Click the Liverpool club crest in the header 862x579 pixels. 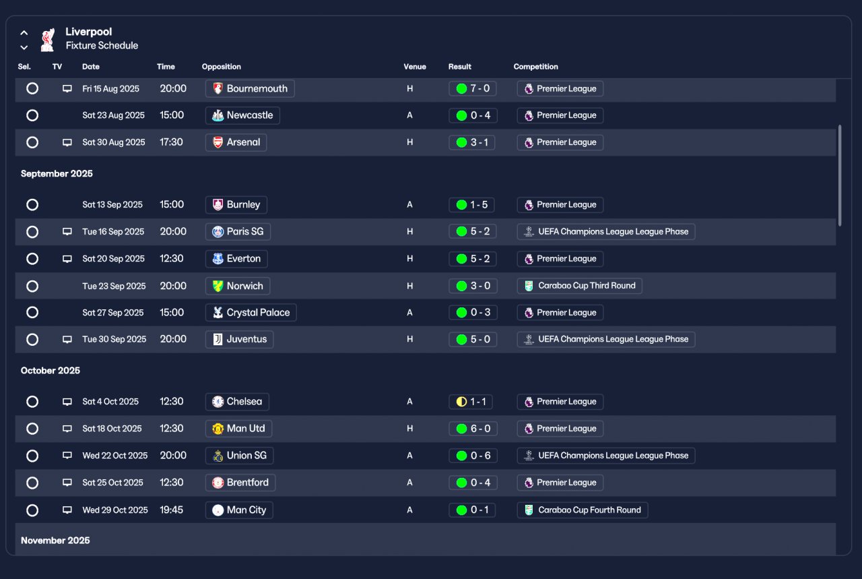pos(47,39)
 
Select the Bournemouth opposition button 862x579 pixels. pos(250,88)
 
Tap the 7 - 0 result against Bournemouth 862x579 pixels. pos(472,88)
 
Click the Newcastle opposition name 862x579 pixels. pos(249,115)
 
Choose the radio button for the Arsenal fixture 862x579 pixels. pos(32,142)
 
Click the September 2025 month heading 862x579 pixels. pos(57,174)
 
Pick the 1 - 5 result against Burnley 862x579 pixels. pos(471,205)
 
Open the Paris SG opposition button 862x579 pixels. pos(238,232)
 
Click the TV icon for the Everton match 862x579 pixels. pos(67,259)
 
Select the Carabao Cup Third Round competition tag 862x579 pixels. pos(579,286)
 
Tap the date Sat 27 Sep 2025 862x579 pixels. pos(113,313)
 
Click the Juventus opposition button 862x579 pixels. pos(239,339)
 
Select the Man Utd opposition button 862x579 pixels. pos(238,429)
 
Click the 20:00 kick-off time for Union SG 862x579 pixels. pos(173,456)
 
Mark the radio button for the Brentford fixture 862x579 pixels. pos(32,483)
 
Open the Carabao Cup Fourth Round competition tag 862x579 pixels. pos(582,510)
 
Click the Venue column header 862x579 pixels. pos(415,67)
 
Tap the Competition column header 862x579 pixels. pos(535,67)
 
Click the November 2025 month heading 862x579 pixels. pos(55,541)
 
